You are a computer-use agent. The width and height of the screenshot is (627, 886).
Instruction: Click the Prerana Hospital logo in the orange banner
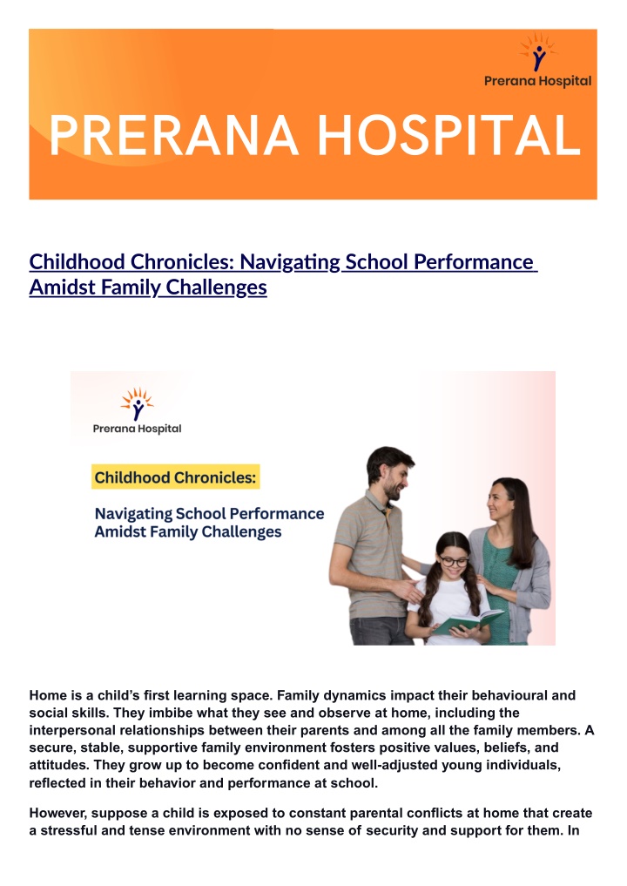tap(538, 60)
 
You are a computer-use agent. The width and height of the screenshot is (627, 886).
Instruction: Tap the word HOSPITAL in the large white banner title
tap(449, 135)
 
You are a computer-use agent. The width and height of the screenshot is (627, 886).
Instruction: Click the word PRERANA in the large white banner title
tap(174, 135)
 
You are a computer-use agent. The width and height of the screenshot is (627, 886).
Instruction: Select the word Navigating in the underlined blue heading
tap(290, 263)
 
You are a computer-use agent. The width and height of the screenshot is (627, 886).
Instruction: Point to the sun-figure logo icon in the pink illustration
tap(138, 403)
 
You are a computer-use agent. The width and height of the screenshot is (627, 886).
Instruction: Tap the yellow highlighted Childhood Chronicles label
tap(176, 477)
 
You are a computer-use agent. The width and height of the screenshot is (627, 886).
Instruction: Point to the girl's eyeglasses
tap(454, 562)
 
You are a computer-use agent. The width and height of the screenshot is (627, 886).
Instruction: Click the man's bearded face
tap(393, 478)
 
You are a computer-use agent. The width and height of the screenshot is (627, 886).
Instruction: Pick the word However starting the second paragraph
tap(58, 814)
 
